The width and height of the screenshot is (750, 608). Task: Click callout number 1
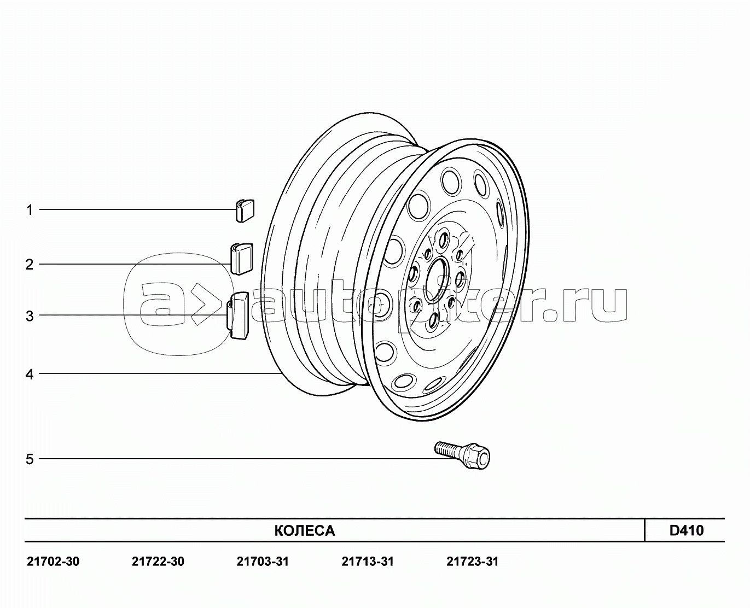[30, 210]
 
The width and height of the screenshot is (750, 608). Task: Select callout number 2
[30, 264]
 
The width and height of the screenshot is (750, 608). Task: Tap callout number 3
[30, 317]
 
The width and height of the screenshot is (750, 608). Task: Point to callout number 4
[30, 375]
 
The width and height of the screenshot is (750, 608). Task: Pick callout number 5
[30, 459]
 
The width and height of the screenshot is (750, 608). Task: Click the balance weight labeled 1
[245, 211]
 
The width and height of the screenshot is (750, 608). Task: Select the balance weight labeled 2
[242, 259]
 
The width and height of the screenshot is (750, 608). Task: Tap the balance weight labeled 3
[238, 315]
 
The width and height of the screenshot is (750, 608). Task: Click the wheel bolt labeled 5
[462, 454]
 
